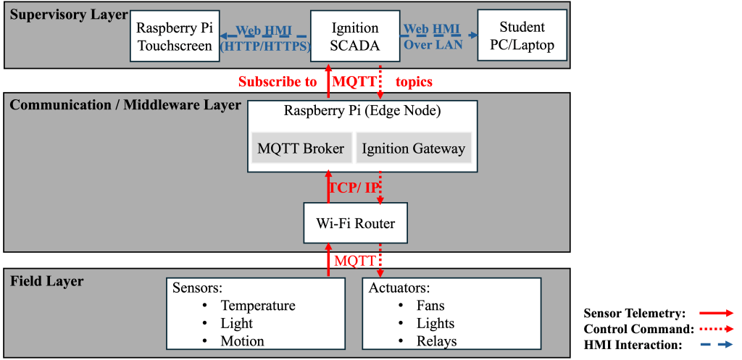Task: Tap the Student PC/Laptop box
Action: coord(522,36)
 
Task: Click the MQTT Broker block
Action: coord(301,149)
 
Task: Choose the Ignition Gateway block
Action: coord(413,149)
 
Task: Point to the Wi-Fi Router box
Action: coord(355,223)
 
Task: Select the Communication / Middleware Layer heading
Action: coord(125,105)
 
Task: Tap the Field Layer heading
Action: coord(47,281)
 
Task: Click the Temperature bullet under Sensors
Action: coord(258,306)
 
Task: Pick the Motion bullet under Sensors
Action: coord(242,341)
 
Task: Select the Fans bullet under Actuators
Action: coord(430,306)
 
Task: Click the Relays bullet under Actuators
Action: coord(435,341)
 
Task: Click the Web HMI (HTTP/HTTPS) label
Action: coord(265,37)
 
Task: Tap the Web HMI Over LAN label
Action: coord(433,37)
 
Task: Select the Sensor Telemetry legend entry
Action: coord(634,314)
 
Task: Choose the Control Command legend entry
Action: coord(638,329)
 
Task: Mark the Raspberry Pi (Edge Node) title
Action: coord(362,112)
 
